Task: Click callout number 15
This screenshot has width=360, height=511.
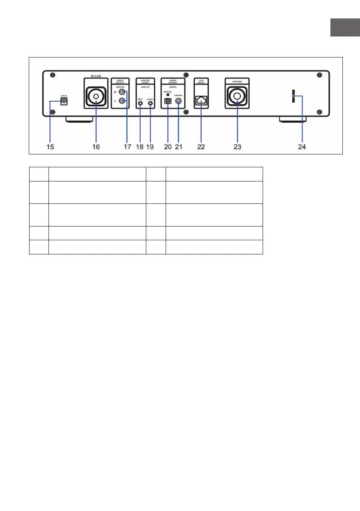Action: point(51,146)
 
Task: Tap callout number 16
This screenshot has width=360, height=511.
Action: point(96,146)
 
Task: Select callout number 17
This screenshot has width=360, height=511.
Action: point(127,146)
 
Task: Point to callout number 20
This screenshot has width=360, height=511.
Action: point(168,146)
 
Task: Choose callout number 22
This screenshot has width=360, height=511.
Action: point(201,146)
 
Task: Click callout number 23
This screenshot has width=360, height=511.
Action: point(237,146)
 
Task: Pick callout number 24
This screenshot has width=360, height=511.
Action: point(303,146)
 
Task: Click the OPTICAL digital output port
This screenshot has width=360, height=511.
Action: point(168,103)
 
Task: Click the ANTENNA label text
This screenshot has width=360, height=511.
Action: point(237,80)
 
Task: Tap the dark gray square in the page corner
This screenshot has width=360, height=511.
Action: point(345,28)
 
